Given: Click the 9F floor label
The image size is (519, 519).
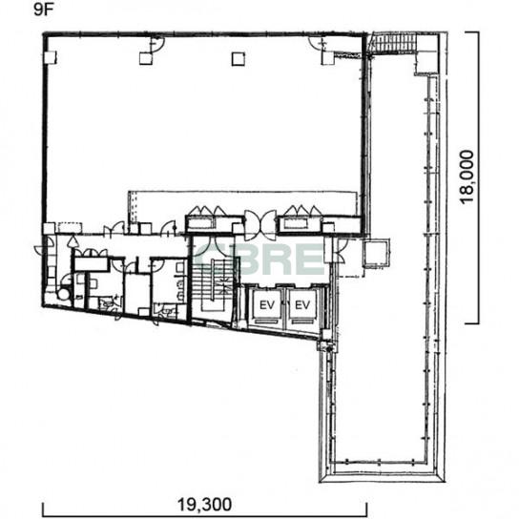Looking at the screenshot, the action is (x=43, y=10).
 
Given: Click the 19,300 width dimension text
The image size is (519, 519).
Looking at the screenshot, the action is (x=204, y=505).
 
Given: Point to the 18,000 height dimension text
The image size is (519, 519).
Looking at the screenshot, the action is (x=467, y=177).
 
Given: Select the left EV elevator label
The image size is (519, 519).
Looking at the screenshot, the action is (x=267, y=305).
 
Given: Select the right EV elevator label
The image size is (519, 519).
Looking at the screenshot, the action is (x=302, y=305).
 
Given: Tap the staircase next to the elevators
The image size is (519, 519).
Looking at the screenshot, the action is (x=213, y=284).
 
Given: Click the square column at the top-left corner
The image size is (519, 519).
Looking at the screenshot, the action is (x=51, y=58).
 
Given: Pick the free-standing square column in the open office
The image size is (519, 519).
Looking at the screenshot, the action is (x=239, y=59).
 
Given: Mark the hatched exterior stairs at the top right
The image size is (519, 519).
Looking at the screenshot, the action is (x=392, y=42).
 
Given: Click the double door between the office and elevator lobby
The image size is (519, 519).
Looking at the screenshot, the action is (x=260, y=225).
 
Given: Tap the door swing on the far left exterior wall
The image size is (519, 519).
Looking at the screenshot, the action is (x=44, y=245).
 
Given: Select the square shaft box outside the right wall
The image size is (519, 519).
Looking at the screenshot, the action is (x=376, y=253).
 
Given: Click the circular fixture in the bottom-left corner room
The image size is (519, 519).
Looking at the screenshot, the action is (x=64, y=293).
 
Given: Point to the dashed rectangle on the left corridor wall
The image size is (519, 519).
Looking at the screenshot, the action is (x=71, y=228).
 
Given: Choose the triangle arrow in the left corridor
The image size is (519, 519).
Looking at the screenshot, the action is (x=73, y=241).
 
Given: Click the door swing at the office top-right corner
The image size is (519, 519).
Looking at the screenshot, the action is (x=318, y=43).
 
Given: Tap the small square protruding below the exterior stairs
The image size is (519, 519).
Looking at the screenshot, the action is (x=426, y=63).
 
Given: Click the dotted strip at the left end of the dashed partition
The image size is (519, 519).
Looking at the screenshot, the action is (x=133, y=207).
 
